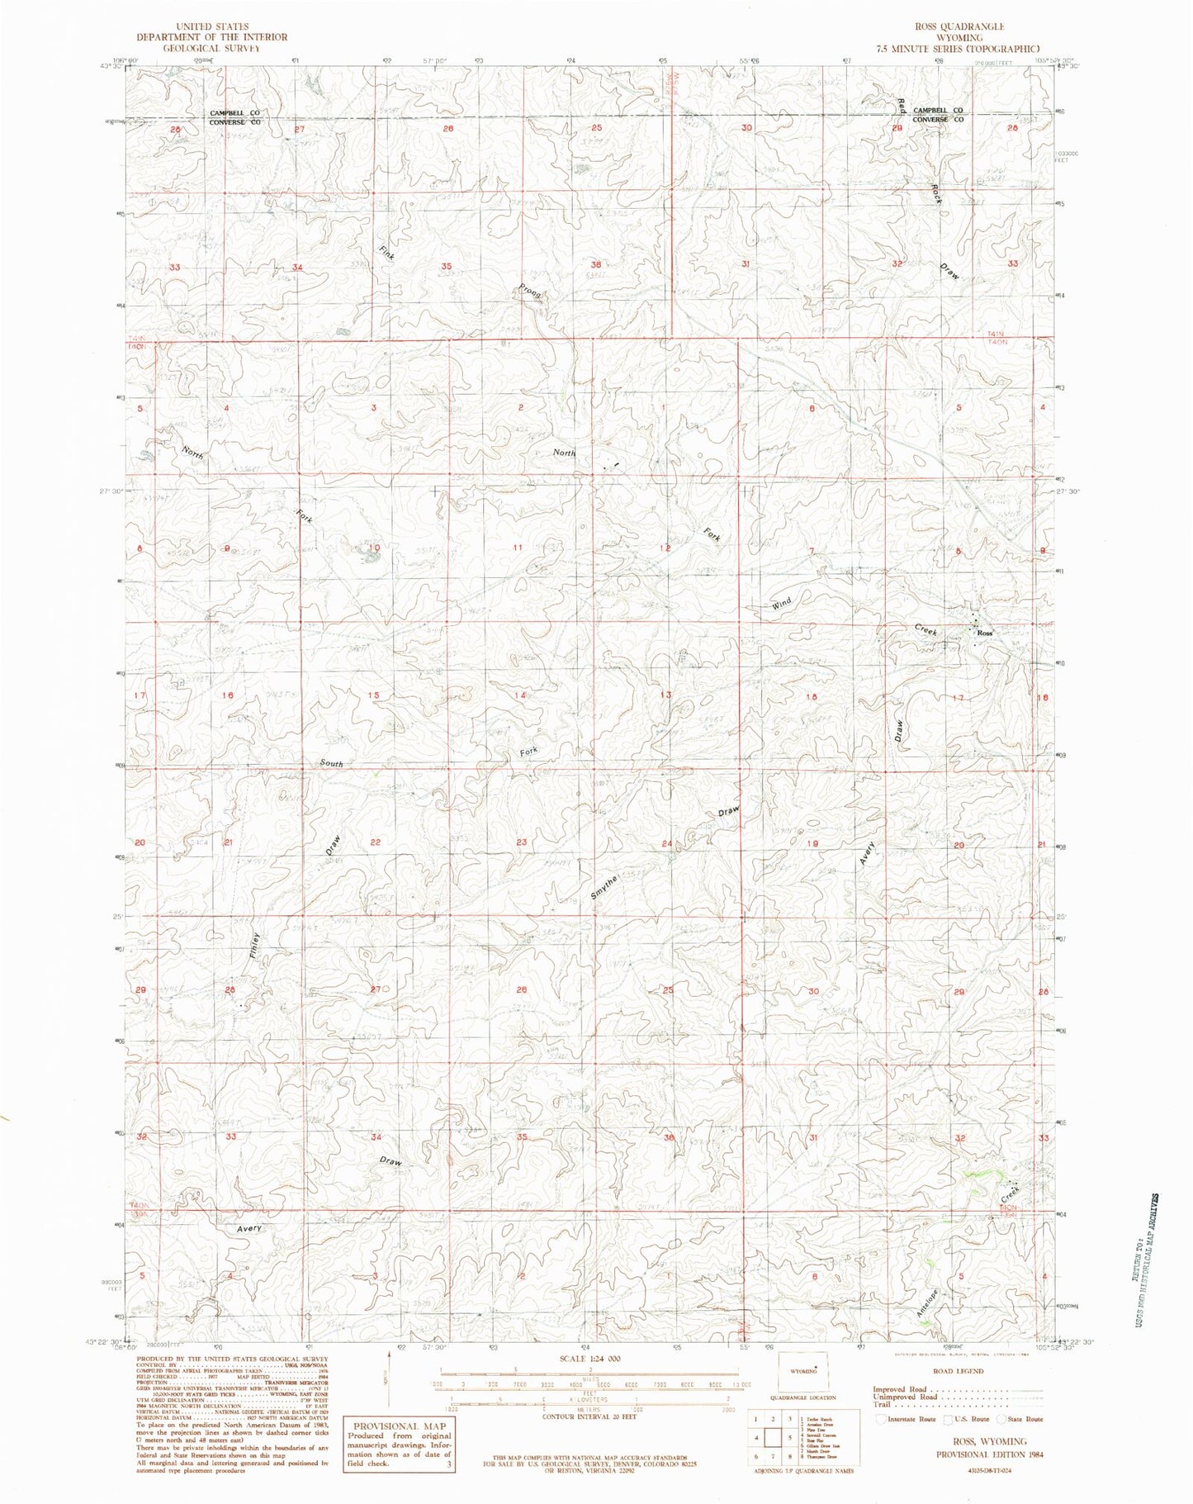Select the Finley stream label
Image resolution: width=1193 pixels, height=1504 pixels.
[255, 945]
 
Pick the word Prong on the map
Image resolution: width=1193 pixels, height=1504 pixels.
[530, 291]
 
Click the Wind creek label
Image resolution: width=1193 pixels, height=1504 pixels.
[781, 603]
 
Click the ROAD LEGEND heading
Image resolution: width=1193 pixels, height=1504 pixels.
[958, 1371]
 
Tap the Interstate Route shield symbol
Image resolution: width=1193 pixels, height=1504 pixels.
[881, 1419]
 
